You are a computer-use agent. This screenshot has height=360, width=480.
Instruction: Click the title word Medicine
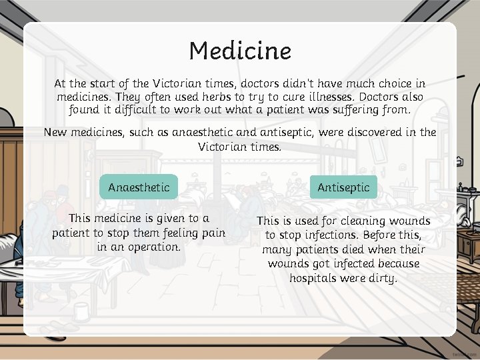click(240, 51)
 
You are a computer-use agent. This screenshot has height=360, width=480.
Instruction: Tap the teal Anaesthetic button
click(139, 187)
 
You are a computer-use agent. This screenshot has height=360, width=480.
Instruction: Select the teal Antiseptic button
click(343, 187)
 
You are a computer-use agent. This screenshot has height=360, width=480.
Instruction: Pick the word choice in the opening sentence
click(388, 84)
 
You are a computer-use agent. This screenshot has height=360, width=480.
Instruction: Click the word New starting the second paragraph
click(56, 132)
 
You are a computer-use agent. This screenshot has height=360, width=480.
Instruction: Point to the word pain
click(211, 233)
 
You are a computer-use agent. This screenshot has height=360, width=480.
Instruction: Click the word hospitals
click(313, 277)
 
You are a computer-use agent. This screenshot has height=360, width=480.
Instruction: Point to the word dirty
click(382, 277)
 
